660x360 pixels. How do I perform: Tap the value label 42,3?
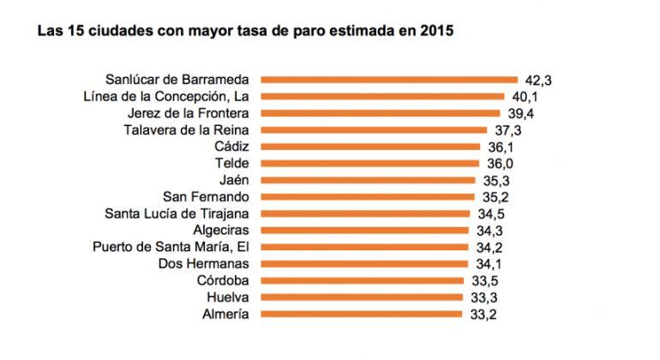537,80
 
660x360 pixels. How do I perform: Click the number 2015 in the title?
436,32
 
